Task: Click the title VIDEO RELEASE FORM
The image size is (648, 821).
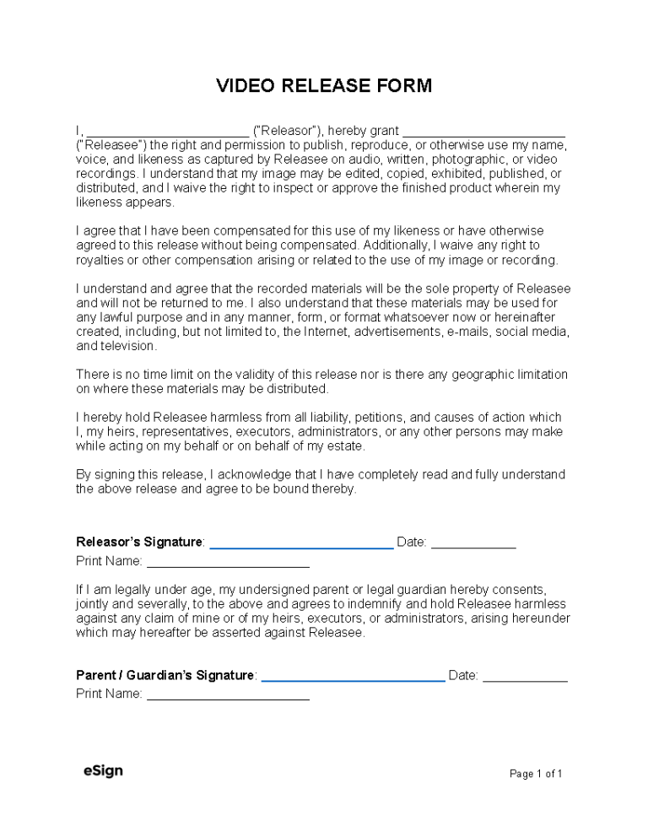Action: tap(324, 85)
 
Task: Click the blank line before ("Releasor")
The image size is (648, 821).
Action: tap(168, 134)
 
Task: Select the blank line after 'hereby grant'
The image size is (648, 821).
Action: tap(483, 134)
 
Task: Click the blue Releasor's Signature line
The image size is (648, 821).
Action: tap(301, 547)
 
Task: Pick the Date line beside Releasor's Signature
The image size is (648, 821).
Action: tap(473, 547)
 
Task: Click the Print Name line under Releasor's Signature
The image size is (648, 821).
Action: tap(228, 566)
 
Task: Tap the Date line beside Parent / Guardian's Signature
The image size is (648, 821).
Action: tap(525, 679)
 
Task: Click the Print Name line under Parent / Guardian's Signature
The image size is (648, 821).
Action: tap(228, 699)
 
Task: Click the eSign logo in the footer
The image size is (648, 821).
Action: tap(103, 770)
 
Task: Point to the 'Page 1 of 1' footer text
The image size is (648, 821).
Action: tap(536, 773)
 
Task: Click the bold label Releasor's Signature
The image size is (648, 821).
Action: tap(139, 542)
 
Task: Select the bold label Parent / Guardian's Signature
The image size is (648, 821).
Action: tap(165, 675)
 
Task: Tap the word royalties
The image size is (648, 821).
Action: tap(99, 260)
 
